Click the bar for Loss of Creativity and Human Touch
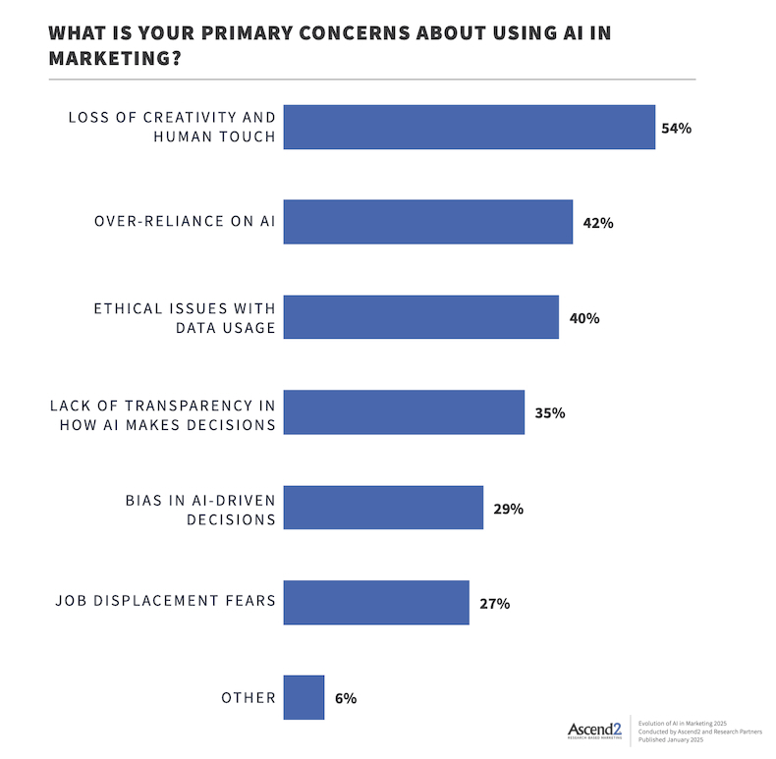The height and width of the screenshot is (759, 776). [x=469, y=127]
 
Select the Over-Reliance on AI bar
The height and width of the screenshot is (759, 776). [x=427, y=222]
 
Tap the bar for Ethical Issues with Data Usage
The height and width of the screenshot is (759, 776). [x=420, y=317]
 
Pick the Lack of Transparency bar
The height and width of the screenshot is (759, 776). [x=403, y=412]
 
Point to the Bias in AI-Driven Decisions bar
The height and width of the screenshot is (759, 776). [x=383, y=508]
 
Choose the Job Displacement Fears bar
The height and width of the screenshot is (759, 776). [x=375, y=603]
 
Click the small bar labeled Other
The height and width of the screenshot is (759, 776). [x=304, y=698]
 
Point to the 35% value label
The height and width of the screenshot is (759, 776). [x=549, y=413]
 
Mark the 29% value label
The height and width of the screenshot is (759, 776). [x=508, y=509]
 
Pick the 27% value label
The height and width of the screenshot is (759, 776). [x=494, y=604]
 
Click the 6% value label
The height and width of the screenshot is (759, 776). [x=344, y=699]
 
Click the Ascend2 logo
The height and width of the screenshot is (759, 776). [x=593, y=730]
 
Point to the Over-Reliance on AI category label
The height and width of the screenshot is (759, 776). [x=186, y=222]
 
